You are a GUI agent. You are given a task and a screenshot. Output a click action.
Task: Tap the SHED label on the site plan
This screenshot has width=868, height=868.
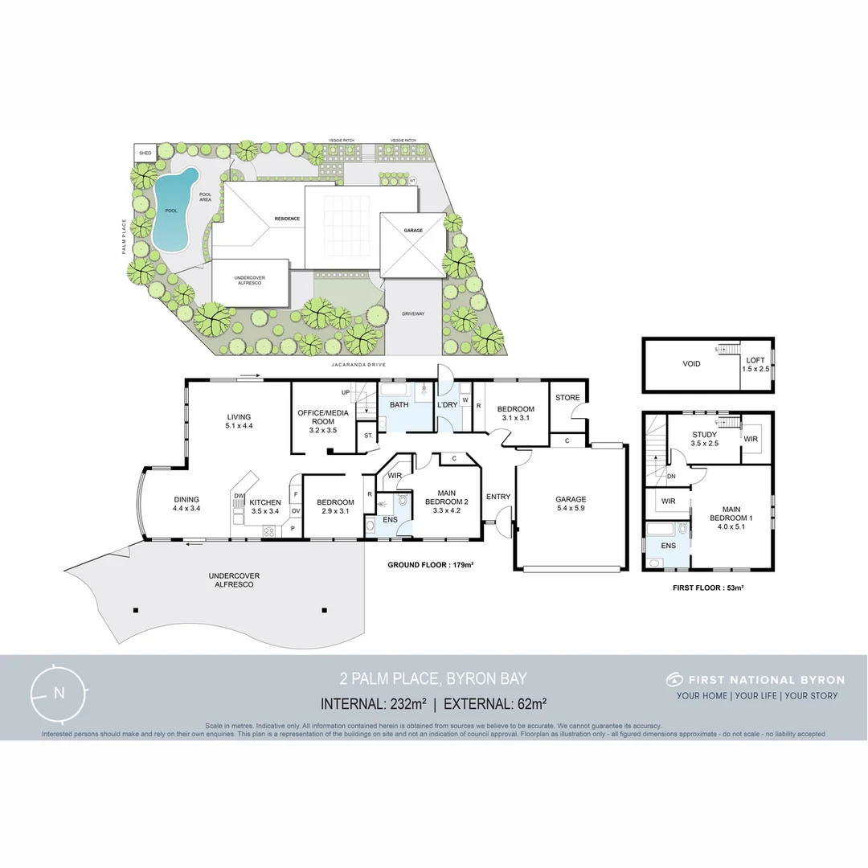pyautogui.click(x=145, y=153)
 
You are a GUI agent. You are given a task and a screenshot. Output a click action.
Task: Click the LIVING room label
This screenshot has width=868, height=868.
pyautogui.click(x=238, y=416)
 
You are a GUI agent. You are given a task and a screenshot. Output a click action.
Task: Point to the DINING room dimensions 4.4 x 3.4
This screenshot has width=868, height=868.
pyautogui.click(x=186, y=509)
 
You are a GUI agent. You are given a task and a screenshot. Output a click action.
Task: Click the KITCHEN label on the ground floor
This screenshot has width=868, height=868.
pyautogui.click(x=265, y=502)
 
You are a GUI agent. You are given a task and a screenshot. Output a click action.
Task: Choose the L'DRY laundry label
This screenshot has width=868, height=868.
pyautogui.click(x=447, y=404)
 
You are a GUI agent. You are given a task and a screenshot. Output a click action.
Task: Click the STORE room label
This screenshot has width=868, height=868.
pyautogui.click(x=567, y=398)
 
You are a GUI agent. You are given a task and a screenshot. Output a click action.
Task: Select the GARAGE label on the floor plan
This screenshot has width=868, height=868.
pyautogui.click(x=570, y=499)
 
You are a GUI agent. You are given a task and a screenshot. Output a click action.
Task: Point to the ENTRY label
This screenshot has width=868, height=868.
pyautogui.click(x=498, y=497)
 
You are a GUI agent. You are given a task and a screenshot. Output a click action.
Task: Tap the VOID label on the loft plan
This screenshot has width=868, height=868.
pyautogui.click(x=691, y=364)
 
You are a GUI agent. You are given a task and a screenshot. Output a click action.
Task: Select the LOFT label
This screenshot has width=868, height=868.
pyautogui.click(x=756, y=359)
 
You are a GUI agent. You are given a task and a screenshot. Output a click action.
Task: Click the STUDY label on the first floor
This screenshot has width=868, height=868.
pyautogui.click(x=704, y=435)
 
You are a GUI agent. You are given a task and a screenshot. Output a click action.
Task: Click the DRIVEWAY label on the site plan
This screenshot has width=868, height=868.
pyautogui.click(x=413, y=313)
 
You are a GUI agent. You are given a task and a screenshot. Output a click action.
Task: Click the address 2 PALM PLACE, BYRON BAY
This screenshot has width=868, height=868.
pyautogui.click(x=433, y=679)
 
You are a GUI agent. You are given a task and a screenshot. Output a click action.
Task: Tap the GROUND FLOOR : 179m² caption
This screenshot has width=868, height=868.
pyautogui.click(x=430, y=565)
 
